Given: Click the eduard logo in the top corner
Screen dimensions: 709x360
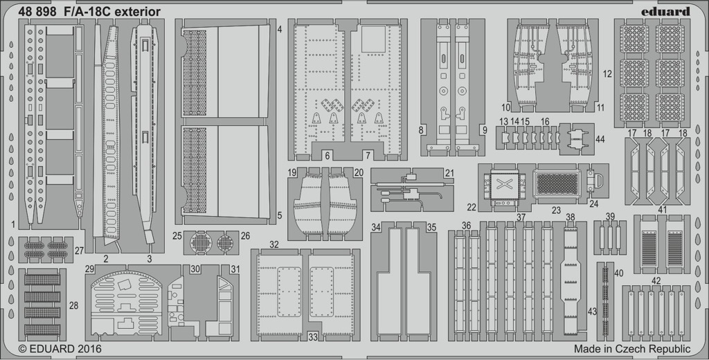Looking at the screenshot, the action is [666, 11].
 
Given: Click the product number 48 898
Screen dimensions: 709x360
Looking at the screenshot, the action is [37, 12].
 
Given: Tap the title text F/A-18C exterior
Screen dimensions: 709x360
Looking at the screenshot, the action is [111, 12].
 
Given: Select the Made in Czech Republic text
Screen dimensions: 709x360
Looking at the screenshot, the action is [632, 349].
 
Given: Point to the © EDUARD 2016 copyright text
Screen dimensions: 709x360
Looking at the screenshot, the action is [60, 349].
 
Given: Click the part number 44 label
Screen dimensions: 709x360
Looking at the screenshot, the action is [600, 139].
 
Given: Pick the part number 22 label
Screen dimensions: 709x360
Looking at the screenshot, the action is [472, 207].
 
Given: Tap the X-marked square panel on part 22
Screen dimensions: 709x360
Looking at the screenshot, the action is [503, 184].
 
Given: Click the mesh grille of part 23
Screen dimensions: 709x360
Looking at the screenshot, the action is [557, 184].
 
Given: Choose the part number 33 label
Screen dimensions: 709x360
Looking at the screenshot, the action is [313, 336].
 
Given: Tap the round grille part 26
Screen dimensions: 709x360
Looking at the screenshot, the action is [225, 243].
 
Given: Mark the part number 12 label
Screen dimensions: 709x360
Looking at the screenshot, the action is [607, 73].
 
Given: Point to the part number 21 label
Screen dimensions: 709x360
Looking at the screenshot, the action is [449, 173].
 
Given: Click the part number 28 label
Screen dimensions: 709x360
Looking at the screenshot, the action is [73, 306].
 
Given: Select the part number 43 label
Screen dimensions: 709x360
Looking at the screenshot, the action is [593, 311].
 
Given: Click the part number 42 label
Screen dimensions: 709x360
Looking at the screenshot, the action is [656, 281].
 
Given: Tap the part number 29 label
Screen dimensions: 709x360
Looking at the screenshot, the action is [89, 269].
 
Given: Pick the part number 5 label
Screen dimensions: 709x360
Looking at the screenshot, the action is [280, 216].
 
